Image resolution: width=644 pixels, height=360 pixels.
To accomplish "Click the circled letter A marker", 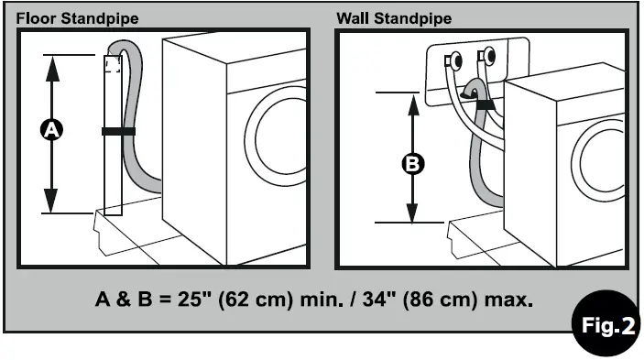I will coord(51,131).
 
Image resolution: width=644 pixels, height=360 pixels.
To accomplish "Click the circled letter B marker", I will coord(413,164).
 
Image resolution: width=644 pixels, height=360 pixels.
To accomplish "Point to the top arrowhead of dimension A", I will coord(51,64).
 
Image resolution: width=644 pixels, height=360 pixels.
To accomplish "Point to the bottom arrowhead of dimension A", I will coord(51,203).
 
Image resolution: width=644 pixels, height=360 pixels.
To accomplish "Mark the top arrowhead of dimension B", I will coord(413,100).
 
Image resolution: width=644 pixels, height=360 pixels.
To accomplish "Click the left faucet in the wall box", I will coord(453,61).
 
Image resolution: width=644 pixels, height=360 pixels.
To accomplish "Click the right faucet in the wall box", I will coord(486,55).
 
